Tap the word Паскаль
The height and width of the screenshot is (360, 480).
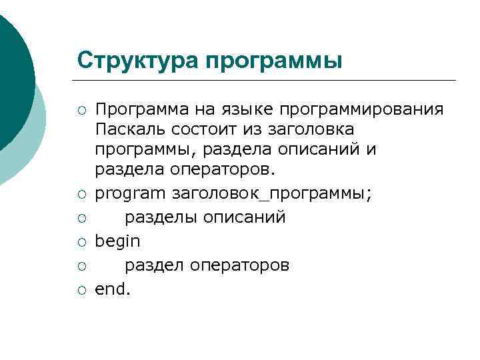pos(128,129)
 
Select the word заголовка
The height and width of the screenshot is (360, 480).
pos(295,129)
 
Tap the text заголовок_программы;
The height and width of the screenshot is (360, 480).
pos(273,194)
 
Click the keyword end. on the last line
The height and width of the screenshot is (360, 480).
pos(113,289)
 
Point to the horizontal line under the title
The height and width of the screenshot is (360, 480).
pos(267,81)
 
